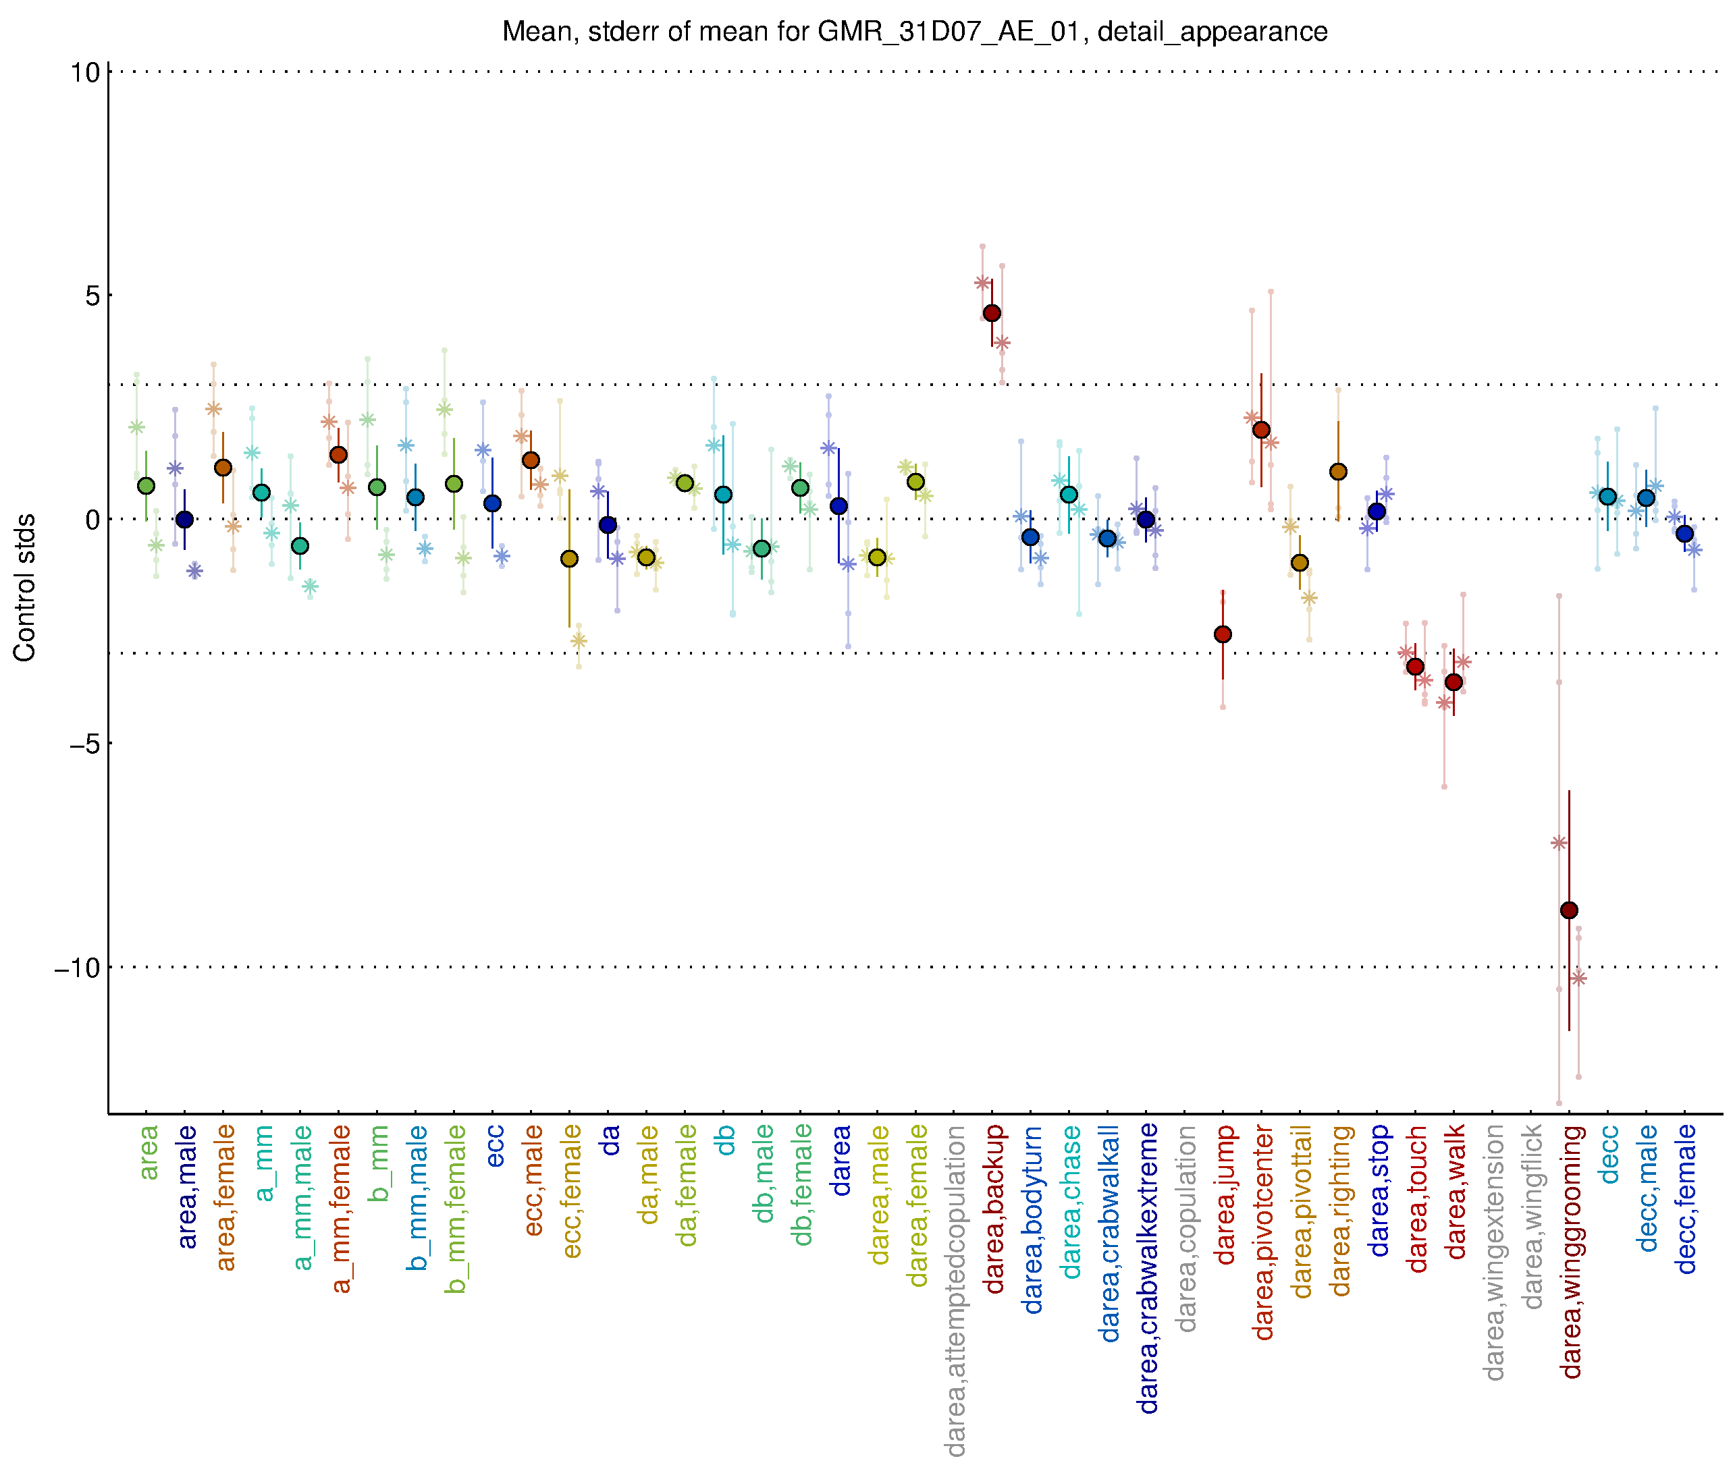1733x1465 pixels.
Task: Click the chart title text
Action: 914,32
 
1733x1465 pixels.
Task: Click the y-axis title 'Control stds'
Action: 25,587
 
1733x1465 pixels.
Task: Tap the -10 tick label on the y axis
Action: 76,968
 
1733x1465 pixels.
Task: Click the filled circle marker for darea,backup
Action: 991,313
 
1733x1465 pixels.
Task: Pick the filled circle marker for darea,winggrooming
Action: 1568,910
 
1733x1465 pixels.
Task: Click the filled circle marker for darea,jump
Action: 1222,634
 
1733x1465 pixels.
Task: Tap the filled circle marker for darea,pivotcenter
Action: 1261,429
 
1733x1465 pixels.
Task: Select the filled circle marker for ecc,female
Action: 569,559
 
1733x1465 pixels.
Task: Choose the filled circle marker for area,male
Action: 184,520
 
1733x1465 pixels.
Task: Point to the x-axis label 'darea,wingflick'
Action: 1532,1217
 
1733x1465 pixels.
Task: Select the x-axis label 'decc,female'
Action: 1686,1199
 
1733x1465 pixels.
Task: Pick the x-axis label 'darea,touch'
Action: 1416,1198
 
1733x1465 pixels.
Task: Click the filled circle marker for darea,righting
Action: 1337,472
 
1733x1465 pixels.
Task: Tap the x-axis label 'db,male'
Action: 763,1174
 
